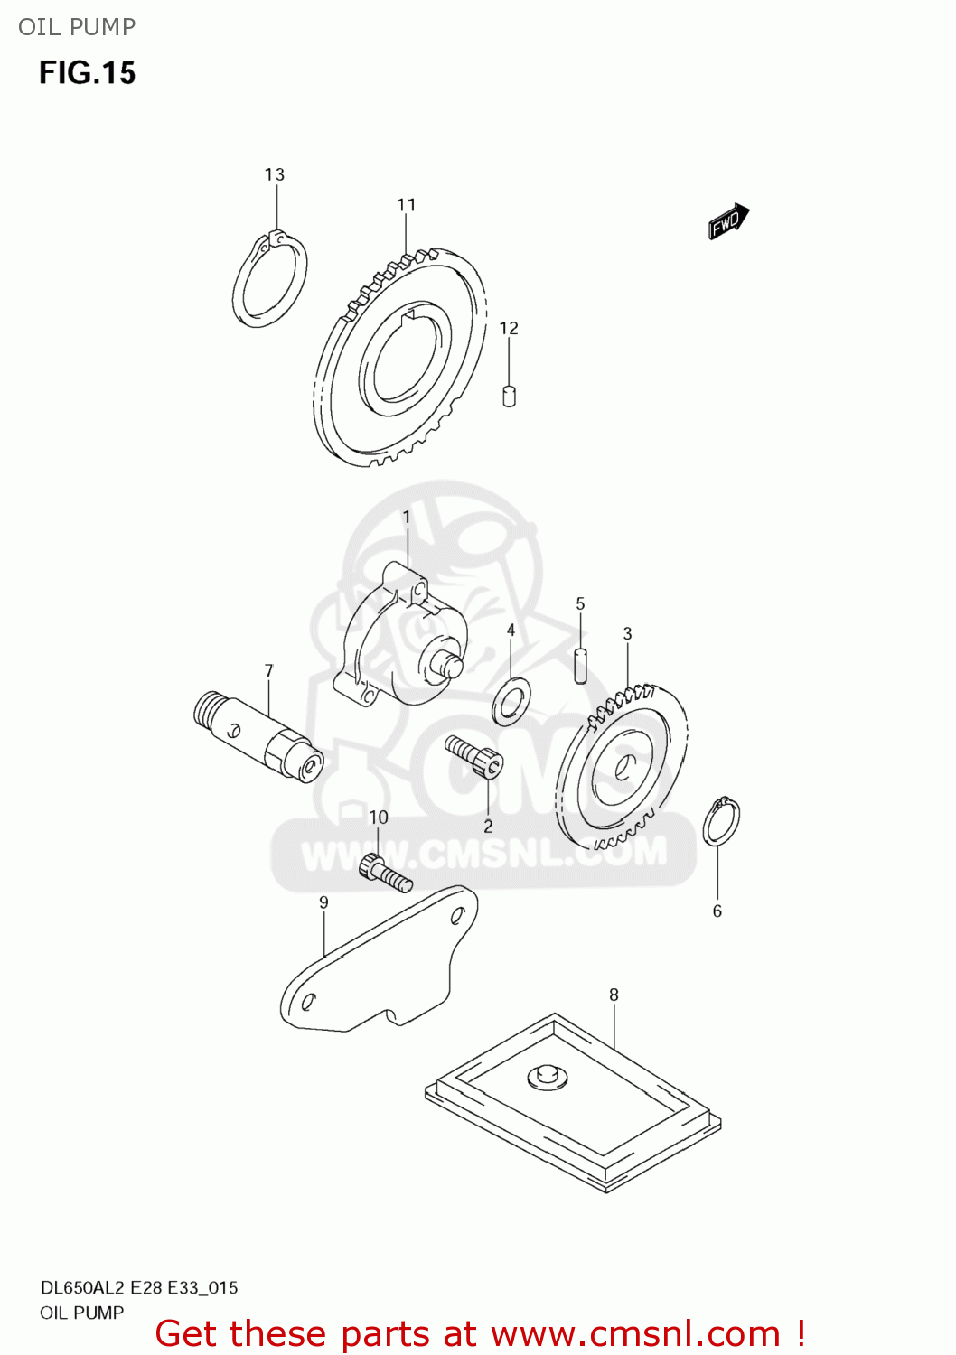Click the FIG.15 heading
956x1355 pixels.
[x=87, y=73]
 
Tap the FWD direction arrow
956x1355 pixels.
[x=728, y=221]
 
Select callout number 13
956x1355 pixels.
[x=275, y=174]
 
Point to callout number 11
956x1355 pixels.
[x=407, y=205]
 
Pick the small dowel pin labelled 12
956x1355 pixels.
[x=509, y=396]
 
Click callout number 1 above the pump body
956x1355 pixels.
[x=407, y=517]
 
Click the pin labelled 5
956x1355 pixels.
[x=581, y=664]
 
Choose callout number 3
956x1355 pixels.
[x=627, y=633]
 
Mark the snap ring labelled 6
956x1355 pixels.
[x=721, y=822]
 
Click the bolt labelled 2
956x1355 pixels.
[x=474, y=756]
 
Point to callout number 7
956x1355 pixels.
[x=268, y=670]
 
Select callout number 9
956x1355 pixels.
[x=323, y=902]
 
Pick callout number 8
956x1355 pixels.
[x=614, y=995]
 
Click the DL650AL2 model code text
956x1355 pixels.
[x=82, y=1288]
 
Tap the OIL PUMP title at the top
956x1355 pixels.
[x=77, y=27]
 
